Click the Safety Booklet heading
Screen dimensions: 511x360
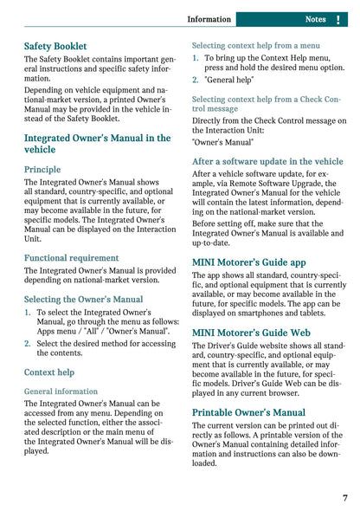coord(61,44)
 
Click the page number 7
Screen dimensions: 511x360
coord(345,498)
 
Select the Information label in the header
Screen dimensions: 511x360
coord(209,19)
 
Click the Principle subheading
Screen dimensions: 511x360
coord(42,170)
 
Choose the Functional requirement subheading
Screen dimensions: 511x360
coord(70,258)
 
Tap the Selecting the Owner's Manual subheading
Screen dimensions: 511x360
coord(83,300)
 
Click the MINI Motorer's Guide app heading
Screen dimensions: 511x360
coord(249,262)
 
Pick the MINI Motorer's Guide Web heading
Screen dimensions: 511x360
coord(251,332)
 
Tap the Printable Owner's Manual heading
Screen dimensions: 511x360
coord(248,412)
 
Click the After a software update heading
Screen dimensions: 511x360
coord(267,161)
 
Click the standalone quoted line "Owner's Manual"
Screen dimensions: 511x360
coord(222,141)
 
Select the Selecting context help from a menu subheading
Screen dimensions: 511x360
coord(255,45)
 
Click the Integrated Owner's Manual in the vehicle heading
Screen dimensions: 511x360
coord(97,144)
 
